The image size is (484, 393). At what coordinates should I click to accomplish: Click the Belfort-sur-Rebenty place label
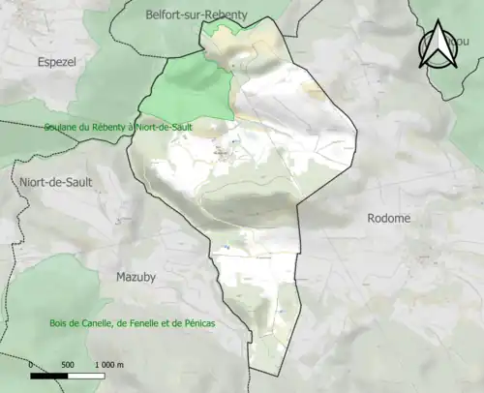(x=196, y=15)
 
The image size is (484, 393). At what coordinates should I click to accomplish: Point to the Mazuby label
(x=136, y=277)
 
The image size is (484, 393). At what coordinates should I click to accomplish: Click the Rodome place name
(x=388, y=219)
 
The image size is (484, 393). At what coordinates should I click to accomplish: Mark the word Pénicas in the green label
(x=195, y=323)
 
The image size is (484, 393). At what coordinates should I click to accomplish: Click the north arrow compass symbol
(x=438, y=46)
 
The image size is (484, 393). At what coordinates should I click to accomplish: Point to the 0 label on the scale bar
(x=32, y=364)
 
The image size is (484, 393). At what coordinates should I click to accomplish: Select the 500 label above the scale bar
(x=68, y=364)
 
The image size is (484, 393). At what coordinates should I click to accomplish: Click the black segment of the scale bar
(x=49, y=375)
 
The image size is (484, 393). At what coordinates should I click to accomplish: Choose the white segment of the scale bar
(x=85, y=375)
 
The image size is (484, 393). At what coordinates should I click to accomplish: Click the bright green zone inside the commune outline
(x=192, y=87)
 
